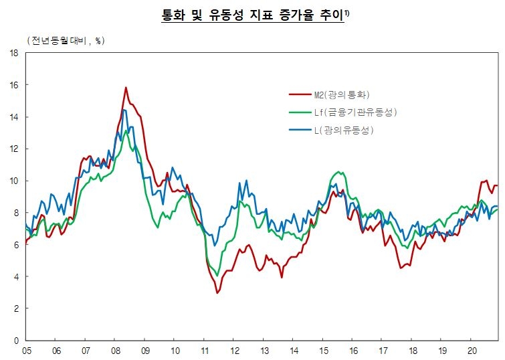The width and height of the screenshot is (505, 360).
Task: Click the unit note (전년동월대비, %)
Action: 65,41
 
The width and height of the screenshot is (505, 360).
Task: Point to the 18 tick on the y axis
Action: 13,54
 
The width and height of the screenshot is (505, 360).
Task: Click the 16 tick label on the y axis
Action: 13,85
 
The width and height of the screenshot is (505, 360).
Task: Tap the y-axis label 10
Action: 13,181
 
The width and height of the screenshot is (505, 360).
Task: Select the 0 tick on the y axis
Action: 15,341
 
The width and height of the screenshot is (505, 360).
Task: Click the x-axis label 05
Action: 27,351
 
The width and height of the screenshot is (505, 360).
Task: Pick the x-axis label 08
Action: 115,351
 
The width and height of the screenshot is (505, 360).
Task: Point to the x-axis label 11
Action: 203,351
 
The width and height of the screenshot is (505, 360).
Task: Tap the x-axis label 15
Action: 323,351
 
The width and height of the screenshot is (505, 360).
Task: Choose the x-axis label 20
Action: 472,351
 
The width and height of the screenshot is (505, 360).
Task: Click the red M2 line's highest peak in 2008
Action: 126,88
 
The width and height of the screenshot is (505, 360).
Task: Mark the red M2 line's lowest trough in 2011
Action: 217,293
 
